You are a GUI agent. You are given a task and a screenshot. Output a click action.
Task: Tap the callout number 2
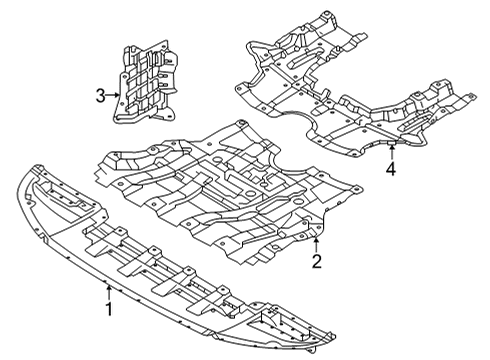click(316, 263)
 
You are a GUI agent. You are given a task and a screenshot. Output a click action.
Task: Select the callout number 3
click(100, 96)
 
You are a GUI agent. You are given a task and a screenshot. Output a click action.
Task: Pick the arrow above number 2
click(316, 244)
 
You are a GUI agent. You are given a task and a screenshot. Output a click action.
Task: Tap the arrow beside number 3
click(114, 96)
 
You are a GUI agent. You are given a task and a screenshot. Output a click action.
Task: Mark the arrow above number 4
click(392, 151)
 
